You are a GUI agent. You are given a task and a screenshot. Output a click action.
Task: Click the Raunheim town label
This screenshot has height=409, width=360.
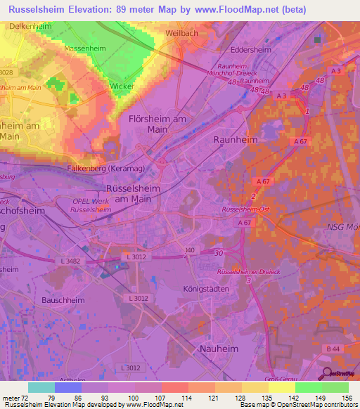[235, 140]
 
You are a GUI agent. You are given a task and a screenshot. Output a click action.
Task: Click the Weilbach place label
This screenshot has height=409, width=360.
[181, 33]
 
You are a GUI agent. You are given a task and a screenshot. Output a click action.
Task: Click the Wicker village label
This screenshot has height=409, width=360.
[122, 86]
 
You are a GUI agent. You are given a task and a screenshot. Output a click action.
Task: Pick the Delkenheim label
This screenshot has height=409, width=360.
[30, 26]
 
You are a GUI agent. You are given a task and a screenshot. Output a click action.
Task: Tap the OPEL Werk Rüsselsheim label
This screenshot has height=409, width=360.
[92, 205]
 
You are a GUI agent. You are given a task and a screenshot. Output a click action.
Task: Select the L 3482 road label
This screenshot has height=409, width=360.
[70, 261]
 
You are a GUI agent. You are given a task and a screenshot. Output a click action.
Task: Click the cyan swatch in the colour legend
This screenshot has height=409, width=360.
[41, 387]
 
